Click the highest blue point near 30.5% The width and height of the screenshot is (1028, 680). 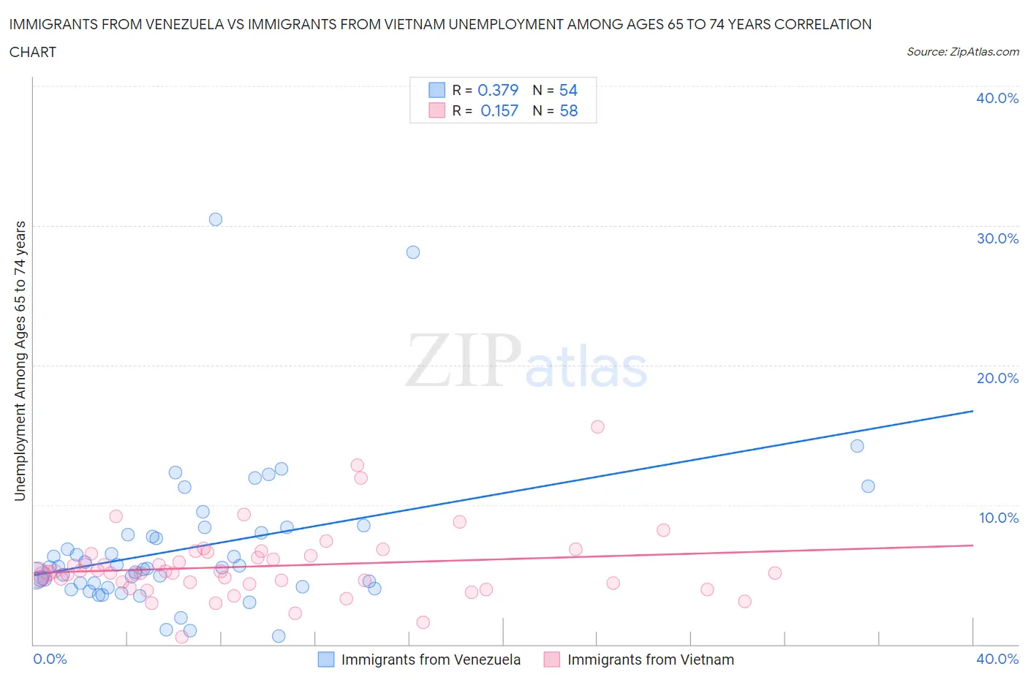(x=215, y=219)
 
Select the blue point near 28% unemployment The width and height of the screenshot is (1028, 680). (x=413, y=252)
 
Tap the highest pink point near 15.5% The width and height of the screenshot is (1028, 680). (x=597, y=427)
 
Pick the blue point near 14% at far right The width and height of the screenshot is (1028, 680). (x=857, y=446)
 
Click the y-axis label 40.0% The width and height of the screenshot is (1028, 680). (x=997, y=98)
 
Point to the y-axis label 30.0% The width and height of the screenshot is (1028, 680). (x=997, y=238)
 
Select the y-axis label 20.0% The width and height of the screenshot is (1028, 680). (x=997, y=378)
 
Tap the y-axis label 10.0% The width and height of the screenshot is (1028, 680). (x=998, y=518)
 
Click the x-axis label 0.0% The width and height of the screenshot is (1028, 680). (x=50, y=659)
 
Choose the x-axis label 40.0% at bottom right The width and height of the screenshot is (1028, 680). (x=997, y=659)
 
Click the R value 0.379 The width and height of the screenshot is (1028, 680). (x=498, y=90)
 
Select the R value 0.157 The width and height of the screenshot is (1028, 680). (x=499, y=110)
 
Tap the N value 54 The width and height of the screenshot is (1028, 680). (x=568, y=90)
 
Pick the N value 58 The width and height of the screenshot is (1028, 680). (x=568, y=110)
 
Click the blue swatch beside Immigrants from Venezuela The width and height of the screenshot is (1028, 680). (x=326, y=660)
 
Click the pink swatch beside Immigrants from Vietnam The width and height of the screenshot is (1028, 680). (x=552, y=660)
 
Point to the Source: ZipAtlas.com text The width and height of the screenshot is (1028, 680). (x=962, y=51)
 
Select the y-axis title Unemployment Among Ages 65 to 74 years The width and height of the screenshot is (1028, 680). (x=20, y=360)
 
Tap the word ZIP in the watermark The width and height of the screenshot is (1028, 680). (x=463, y=360)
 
